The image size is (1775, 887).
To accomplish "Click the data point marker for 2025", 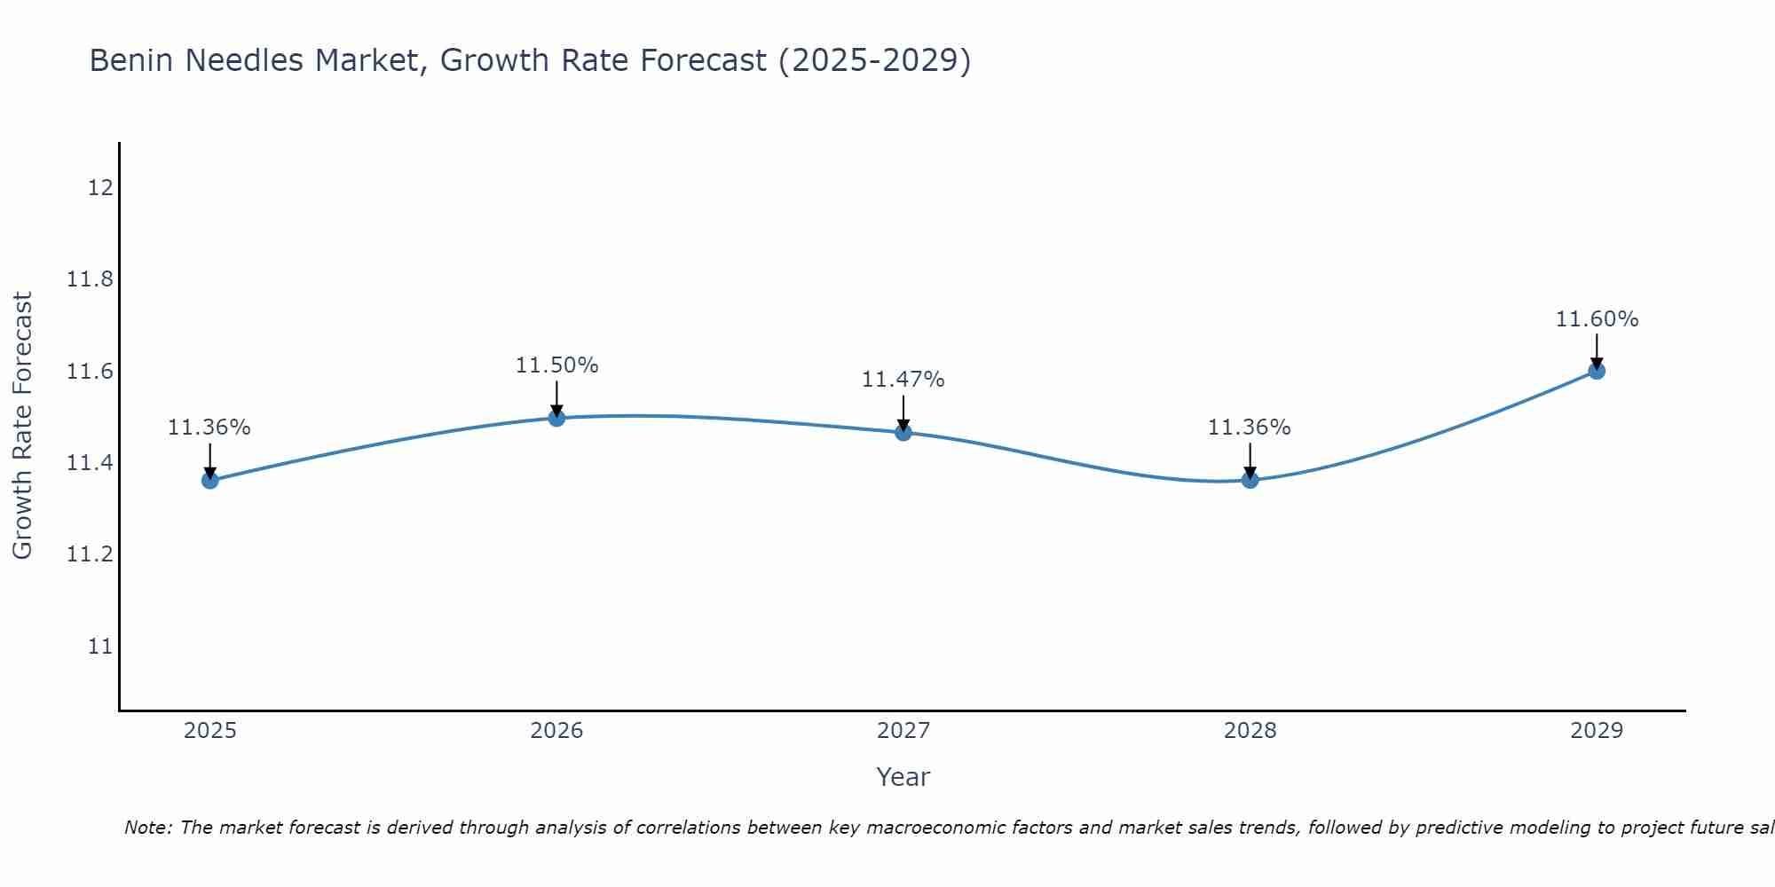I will (210, 481).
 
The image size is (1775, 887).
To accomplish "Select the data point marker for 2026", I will (556, 418).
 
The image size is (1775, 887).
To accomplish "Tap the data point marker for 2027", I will (903, 433).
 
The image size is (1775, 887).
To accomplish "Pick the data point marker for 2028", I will (1250, 481).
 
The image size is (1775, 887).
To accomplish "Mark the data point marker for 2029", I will (1597, 371).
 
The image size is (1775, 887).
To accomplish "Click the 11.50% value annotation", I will (557, 365).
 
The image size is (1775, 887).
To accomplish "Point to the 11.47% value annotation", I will (903, 380).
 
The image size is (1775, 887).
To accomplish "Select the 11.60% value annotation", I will (1597, 319).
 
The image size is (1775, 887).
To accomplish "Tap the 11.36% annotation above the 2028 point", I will (1250, 428).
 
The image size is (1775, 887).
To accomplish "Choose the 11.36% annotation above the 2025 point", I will (209, 428).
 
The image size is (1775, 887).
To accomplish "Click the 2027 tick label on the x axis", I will (903, 731).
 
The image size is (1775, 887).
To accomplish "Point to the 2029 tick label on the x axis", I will (1597, 731).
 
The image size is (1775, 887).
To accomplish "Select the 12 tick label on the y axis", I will (100, 188).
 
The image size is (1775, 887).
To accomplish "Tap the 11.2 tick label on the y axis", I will (91, 554).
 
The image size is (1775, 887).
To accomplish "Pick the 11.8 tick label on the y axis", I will (91, 280).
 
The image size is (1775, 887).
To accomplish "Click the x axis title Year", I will (903, 777).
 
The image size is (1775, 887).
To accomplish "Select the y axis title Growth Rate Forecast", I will (22, 426).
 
